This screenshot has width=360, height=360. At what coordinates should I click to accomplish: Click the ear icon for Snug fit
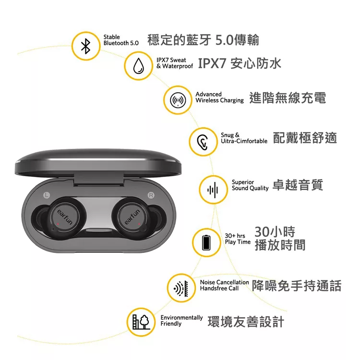pyautogui.click(x=203, y=142)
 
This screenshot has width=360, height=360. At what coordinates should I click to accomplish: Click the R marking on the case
pyautogui.click(x=152, y=195)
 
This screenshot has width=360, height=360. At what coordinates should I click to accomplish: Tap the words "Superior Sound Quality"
pyautogui.click(x=250, y=185)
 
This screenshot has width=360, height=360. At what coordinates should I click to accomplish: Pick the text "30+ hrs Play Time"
pyautogui.click(x=238, y=239)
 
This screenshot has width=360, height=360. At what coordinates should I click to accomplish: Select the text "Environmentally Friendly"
pyautogui.click(x=181, y=321)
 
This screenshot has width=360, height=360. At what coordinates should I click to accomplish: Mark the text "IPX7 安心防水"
pyautogui.click(x=239, y=64)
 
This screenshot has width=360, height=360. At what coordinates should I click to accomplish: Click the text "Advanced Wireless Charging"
pyautogui.click(x=219, y=97)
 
